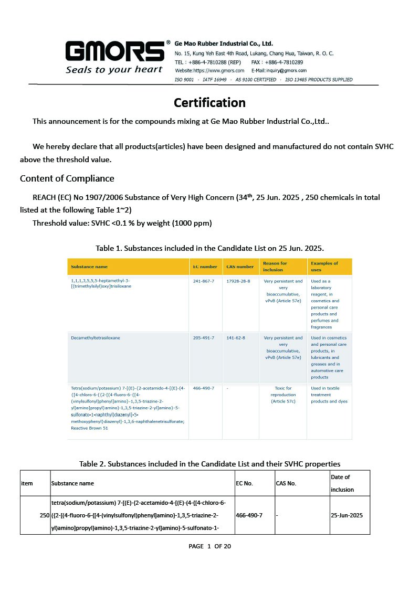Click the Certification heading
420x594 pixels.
(209, 102)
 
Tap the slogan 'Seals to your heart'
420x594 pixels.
(114, 70)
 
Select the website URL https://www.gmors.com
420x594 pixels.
(209, 70)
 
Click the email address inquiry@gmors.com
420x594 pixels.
(279, 70)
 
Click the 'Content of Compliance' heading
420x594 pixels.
(67, 178)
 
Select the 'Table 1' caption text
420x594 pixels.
(209, 248)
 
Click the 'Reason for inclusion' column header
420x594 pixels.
(275, 267)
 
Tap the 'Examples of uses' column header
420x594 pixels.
(324, 267)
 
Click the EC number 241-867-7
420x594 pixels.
(204, 281)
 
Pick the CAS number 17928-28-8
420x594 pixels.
(238, 281)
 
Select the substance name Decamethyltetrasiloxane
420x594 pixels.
(96, 338)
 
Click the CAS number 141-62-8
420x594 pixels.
(236, 338)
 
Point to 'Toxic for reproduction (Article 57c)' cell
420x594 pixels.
(283, 395)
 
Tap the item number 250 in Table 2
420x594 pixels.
(45, 515)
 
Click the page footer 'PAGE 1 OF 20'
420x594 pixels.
(209, 546)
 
